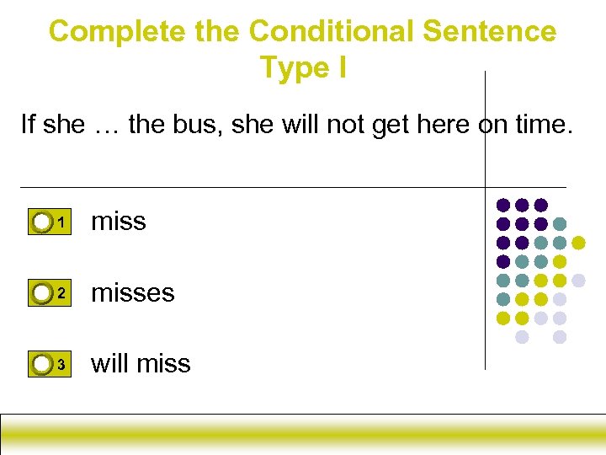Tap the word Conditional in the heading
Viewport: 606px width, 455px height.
(x=332, y=31)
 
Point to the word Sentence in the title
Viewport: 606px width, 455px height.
(x=489, y=31)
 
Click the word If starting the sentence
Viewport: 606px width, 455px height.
(x=28, y=125)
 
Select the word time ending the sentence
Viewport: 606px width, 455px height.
(x=540, y=125)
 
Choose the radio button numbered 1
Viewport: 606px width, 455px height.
(x=42, y=222)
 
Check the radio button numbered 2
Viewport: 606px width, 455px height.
(x=42, y=293)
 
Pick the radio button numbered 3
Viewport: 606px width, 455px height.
(x=42, y=364)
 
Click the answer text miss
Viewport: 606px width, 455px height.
(x=118, y=221)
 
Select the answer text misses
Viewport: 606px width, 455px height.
(x=132, y=292)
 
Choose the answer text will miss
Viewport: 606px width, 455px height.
(x=141, y=363)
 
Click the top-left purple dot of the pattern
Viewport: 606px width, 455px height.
(x=503, y=205)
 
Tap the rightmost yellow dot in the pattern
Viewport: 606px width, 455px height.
(x=578, y=243)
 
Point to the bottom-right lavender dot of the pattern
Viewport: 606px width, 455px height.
(x=560, y=337)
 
